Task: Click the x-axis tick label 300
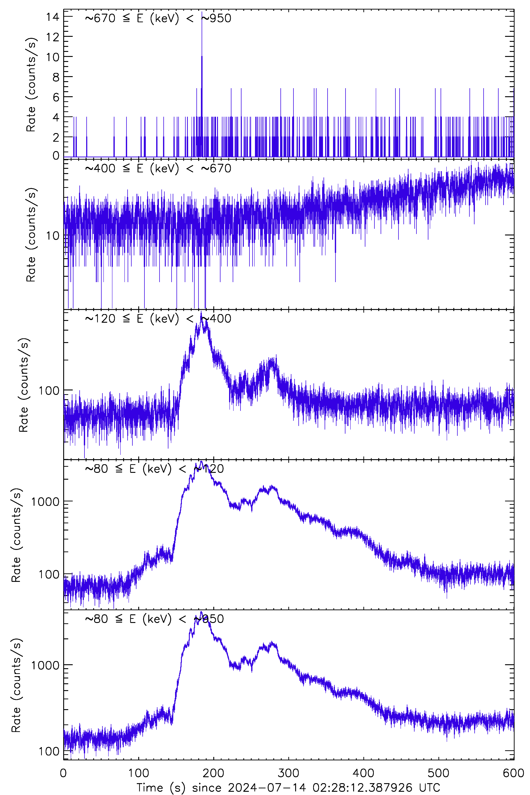point(288,773)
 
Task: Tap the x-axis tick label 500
point(438,773)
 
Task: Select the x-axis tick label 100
point(139,773)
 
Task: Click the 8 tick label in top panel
point(56,77)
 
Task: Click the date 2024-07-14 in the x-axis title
point(267,788)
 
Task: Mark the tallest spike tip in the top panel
point(202,12)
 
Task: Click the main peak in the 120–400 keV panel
point(201,312)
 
